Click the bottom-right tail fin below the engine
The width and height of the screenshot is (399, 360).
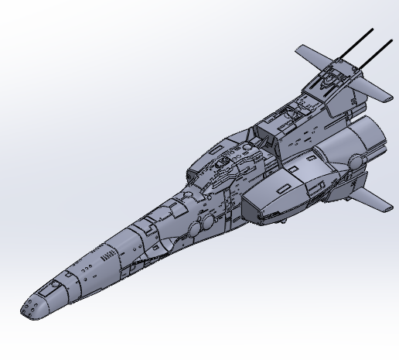(375, 199)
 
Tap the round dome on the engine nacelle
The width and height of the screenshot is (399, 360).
(355, 161)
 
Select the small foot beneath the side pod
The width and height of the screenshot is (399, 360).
(285, 222)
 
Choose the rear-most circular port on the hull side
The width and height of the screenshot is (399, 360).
(207, 221)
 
